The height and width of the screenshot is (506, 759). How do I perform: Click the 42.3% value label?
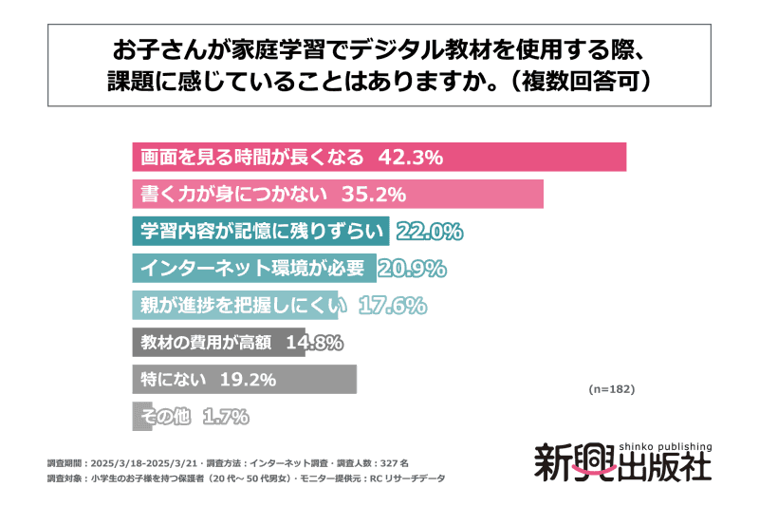point(411,158)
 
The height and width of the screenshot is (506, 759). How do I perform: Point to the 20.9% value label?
point(412,269)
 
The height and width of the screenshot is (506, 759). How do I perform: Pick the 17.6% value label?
point(393,306)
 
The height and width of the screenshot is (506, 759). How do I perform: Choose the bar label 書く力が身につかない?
point(233,195)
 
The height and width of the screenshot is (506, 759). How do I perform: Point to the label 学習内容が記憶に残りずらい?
point(261,232)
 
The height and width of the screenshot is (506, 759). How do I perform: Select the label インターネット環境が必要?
point(252,269)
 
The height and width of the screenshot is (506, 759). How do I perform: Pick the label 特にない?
point(169,380)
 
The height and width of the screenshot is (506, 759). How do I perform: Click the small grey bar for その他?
point(134,417)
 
